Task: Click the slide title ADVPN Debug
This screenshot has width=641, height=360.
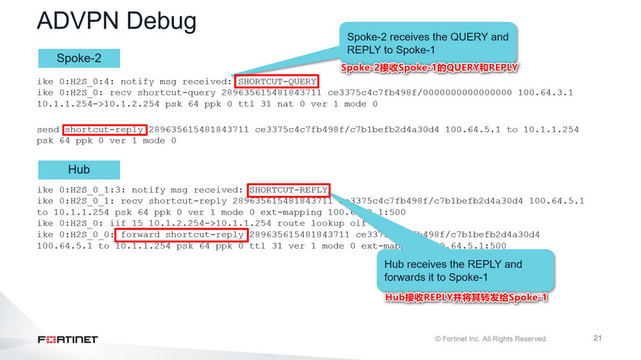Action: pos(116,22)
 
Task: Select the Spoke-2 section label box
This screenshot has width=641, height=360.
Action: pos(79,58)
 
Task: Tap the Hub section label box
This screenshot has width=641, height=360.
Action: pos(79,169)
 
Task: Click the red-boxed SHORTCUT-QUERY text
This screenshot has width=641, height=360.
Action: pos(277,81)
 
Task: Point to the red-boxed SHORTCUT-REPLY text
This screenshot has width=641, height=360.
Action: pos(288,189)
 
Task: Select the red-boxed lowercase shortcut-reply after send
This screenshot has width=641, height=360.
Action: pos(105,130)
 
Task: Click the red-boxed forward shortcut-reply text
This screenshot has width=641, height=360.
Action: pos(181,235)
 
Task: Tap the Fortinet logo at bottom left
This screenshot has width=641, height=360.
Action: pos(68,339)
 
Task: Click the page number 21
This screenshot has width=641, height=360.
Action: pos(596,338)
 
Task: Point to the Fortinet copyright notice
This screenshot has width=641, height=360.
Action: pos(491,339)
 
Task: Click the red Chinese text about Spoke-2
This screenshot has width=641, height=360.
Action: pos(431,68)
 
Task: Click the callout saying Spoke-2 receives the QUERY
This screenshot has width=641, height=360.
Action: pos(428,43)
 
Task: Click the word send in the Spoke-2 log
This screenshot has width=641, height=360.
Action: pos(48,130)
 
